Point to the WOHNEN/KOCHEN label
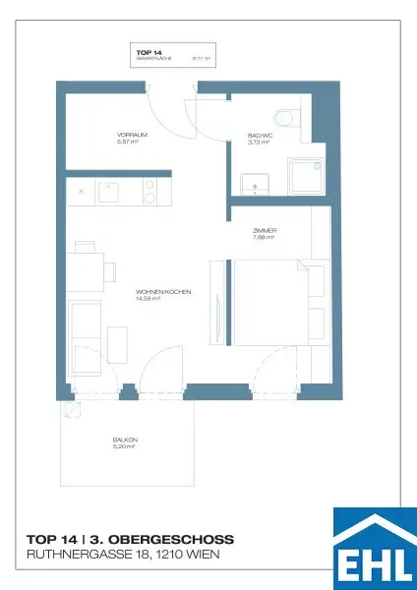162,292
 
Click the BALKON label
125,440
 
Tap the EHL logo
375,549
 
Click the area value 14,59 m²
162,299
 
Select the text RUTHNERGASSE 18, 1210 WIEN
123,557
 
